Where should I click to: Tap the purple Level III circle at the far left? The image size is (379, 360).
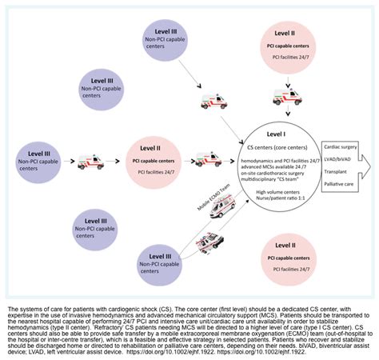pos(38,154)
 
